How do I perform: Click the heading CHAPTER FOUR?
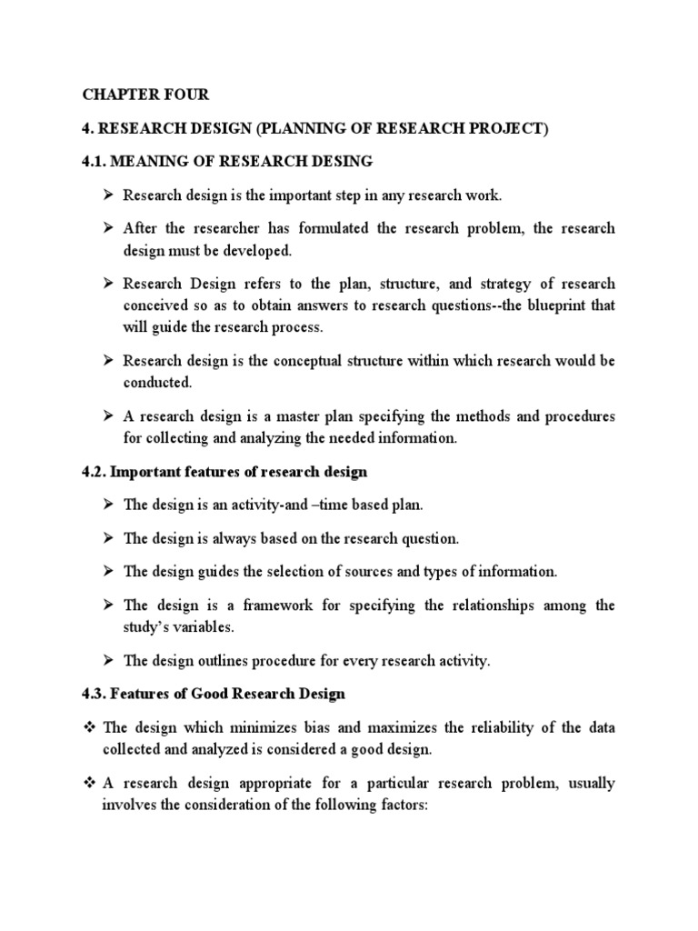[145, 95]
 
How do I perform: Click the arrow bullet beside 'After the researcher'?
[108, 228]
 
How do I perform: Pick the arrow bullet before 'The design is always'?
[108, 538]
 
